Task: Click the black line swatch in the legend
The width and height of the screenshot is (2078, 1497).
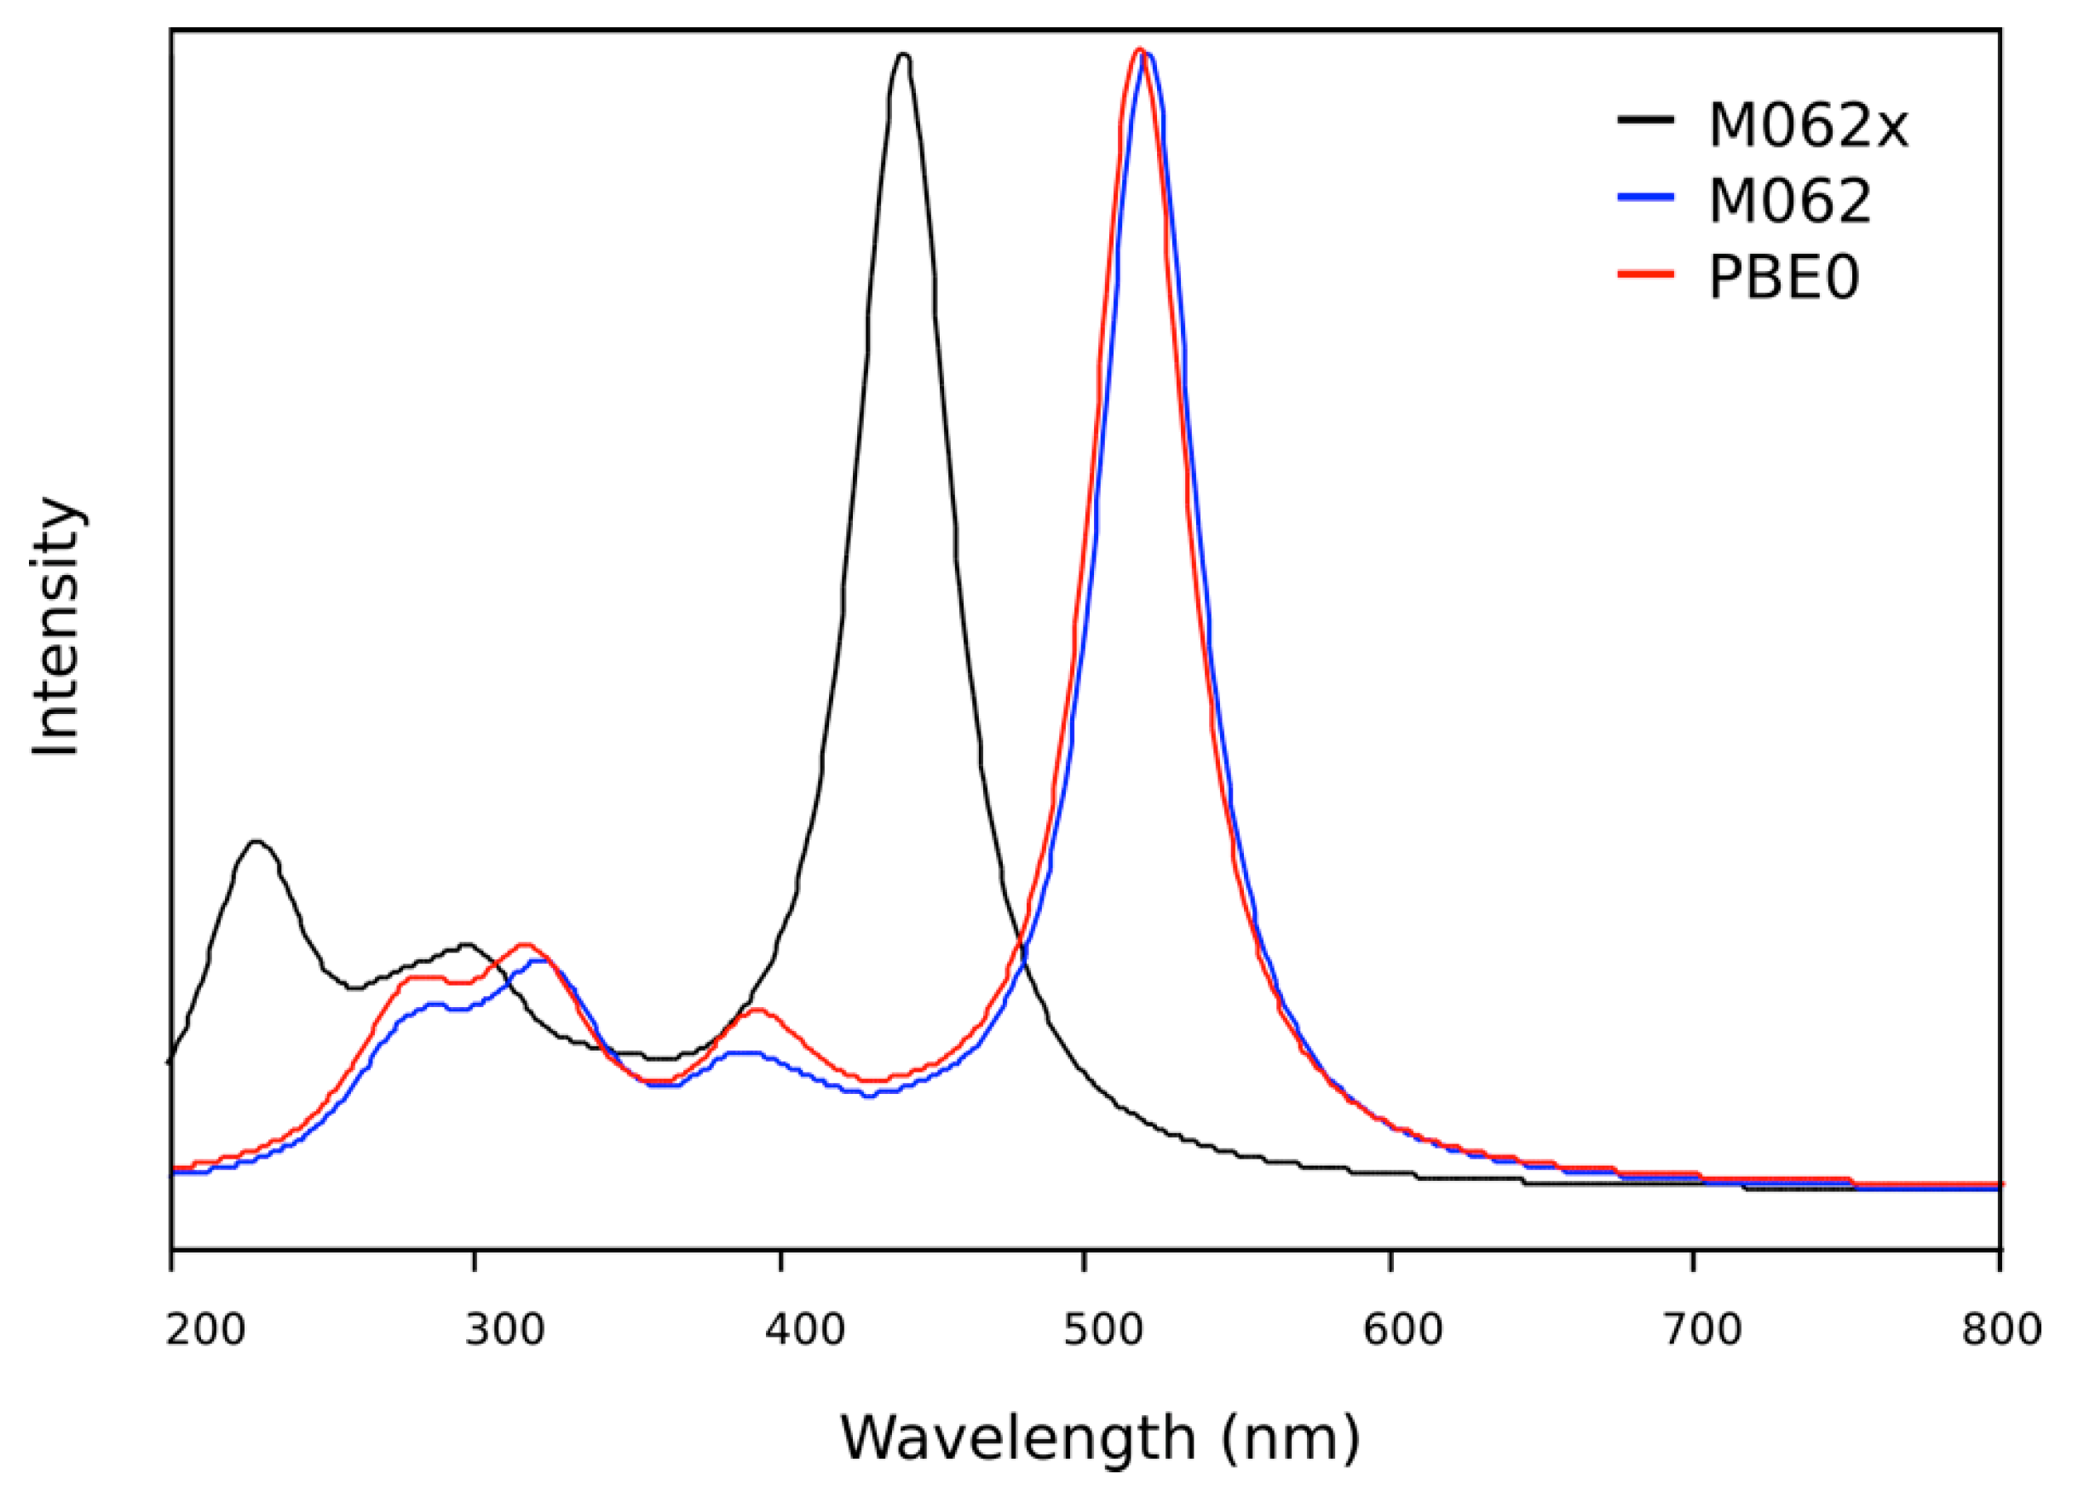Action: click(1645, 120)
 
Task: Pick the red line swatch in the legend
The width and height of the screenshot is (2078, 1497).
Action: click(1645, 273)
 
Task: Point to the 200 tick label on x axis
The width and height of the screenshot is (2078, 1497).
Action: click(206, 1329)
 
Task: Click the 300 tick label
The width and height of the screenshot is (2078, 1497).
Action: click(505, 1329)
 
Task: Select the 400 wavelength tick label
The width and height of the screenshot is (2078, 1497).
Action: click(805, 1329)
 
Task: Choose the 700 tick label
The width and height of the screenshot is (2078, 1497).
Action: click(1702, 1329)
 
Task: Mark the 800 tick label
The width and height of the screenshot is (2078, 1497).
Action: click(2002, 1329)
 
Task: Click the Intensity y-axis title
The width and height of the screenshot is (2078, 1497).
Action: click(57, 628)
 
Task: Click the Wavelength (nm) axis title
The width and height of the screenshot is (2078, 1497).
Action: click(1099, 1438)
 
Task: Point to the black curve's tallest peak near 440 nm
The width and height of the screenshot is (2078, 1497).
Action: click(903, 56)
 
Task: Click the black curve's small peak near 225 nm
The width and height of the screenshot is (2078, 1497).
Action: click(256, 841)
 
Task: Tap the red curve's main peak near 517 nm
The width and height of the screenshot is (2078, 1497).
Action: click(1139, 50)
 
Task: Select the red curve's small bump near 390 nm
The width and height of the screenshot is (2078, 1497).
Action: click(757, 1010)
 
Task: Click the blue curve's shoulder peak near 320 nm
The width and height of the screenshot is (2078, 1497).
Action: click(540, 960)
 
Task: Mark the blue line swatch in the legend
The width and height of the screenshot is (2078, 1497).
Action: click(1645, 197)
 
